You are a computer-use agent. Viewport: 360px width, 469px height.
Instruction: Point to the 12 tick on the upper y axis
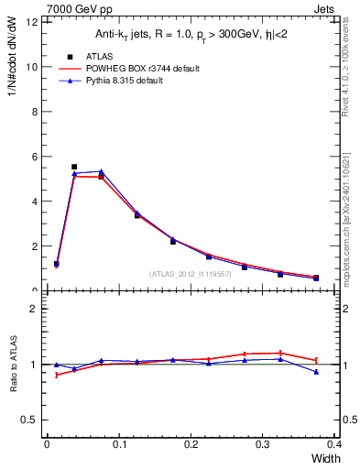(x=34, y=22)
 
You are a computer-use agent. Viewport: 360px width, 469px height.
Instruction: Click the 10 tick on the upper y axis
(x=34, y=67)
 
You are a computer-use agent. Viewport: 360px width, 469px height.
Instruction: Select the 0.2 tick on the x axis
(x=191, y=444)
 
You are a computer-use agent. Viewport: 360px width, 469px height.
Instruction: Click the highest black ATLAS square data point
(x=74, y=167)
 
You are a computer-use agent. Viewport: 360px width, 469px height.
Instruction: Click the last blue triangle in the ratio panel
(x=316, y=372)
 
